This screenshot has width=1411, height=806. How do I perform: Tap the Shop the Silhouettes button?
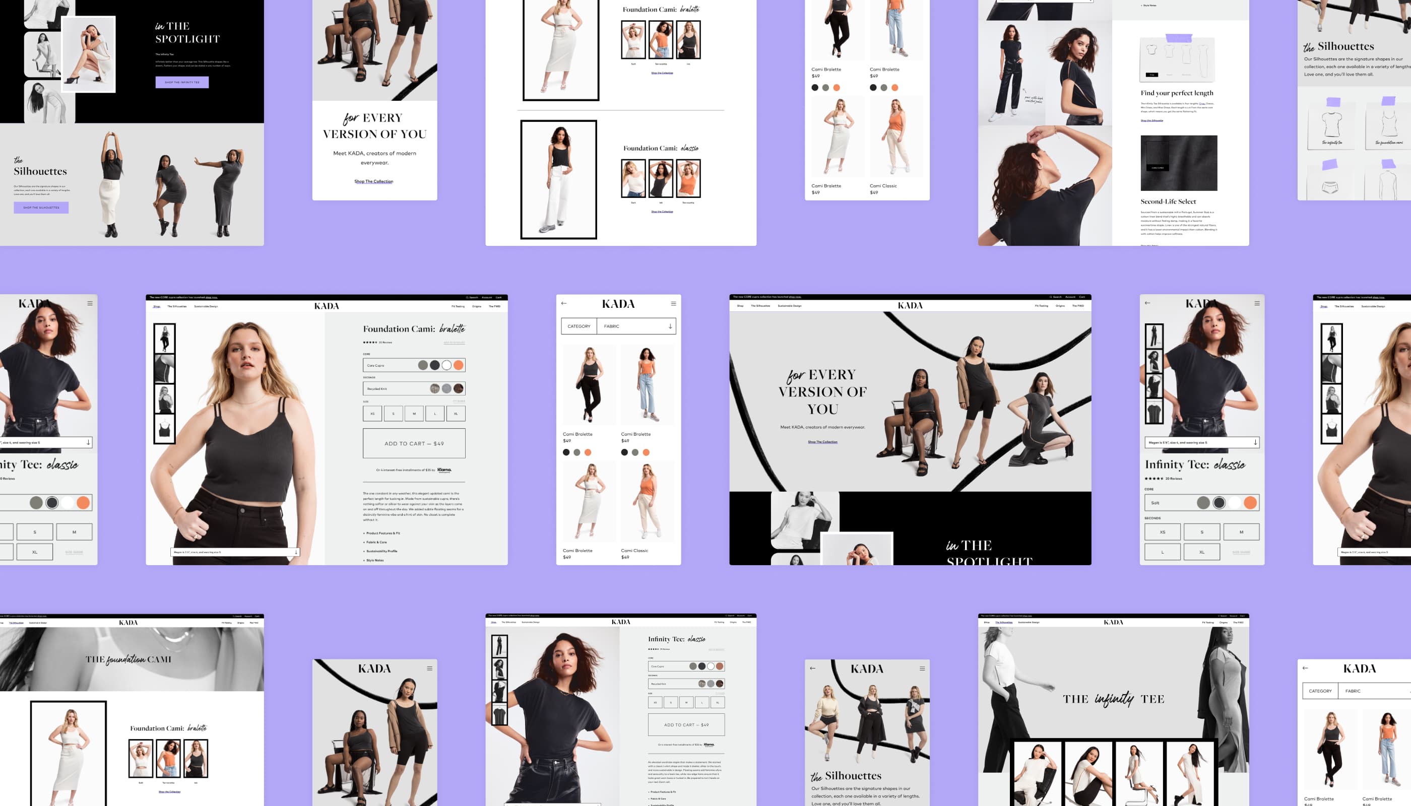pyautogui.click(x=41, y=208)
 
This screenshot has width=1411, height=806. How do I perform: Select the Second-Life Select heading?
pyautogui.click(x=1168, y=201)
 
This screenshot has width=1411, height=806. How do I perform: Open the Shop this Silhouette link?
pyautogui.click(x=1151, y=120)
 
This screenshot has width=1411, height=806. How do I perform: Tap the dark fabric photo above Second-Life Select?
pyautogui.click(x=1178, y=163)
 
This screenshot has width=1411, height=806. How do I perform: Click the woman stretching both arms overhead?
pyautogui.click(x=111, y=183)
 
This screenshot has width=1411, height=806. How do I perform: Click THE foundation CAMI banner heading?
pyautogui.click(x=128, y=659)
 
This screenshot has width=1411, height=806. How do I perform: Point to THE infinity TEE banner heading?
pyautogui.click(x=1113, y=699)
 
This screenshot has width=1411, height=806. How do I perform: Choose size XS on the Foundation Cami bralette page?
pyautogui.click(x=372, y=414)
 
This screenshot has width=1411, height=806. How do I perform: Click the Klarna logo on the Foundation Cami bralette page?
pyautogui.click(x=444, y=470)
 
